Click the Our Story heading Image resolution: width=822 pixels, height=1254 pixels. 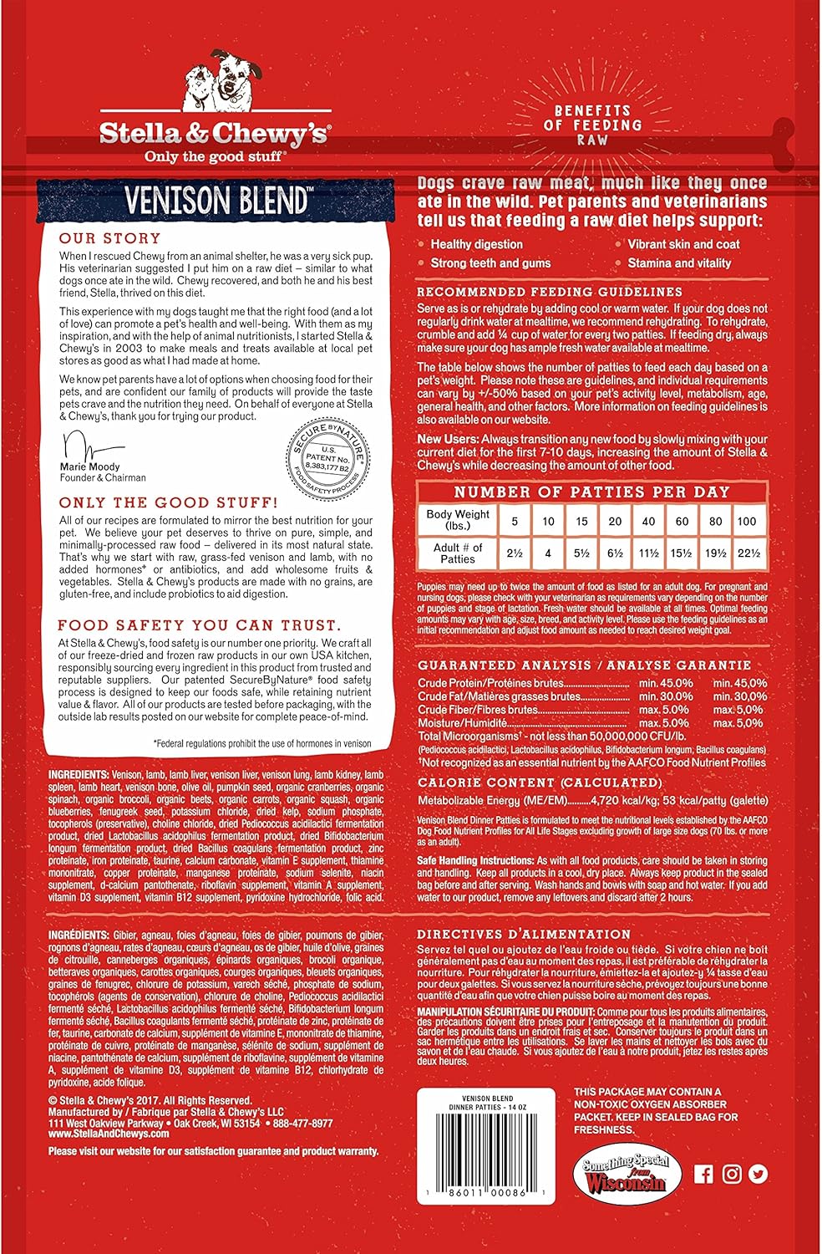tap(95, 237)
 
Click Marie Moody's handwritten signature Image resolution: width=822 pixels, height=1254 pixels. tap(90, 445)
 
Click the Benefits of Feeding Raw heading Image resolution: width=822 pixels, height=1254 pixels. tap(598, 125)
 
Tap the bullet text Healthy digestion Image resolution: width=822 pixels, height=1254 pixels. tap(476, 244)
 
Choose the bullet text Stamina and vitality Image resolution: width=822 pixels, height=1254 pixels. tap(679, 263)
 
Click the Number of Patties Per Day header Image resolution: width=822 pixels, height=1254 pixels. tap(591, 492)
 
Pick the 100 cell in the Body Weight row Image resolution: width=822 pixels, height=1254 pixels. tap(746, 521)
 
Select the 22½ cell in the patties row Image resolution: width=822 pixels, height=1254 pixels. tap(747, 553)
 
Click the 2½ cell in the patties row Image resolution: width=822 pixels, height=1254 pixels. tap(515, 553)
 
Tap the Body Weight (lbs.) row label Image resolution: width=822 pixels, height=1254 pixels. tap(457, 520)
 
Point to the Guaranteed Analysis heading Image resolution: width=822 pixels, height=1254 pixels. tap(584, 665)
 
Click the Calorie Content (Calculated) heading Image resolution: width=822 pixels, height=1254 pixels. tap(539, 782)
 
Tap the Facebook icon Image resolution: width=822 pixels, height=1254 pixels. tap(704, 1175)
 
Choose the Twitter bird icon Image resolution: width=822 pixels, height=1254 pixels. tap(759, 1175)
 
